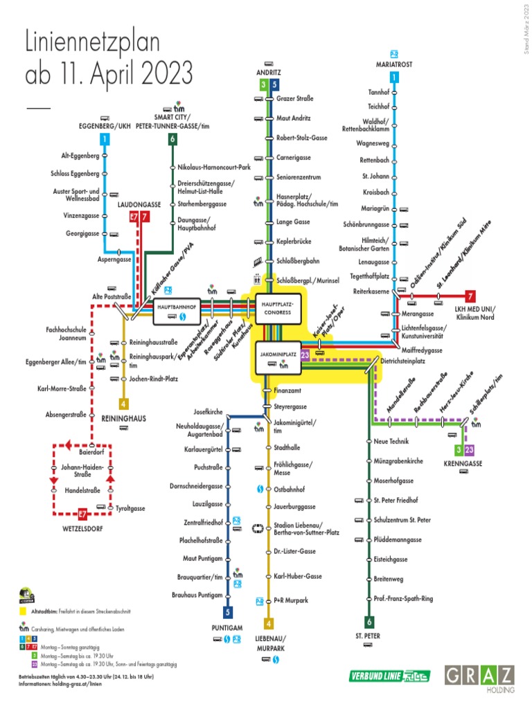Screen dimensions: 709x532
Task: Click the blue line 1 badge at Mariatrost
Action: coord(394,78)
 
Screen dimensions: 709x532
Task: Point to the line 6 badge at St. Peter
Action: coord(369,622)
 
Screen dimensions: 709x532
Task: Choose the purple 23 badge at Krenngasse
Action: coord(470,450)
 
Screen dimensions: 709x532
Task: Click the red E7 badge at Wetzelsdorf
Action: coord(82,514)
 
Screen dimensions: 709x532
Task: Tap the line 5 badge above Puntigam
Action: coord(227,612)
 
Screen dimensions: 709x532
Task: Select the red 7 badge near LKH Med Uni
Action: coord(470,296)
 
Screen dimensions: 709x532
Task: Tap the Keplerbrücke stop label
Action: coord(294,242)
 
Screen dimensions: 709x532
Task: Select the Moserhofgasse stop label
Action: coord(393,481)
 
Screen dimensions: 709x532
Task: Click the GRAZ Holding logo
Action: coord(479,679)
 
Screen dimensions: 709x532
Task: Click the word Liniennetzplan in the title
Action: coord(92,45)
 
